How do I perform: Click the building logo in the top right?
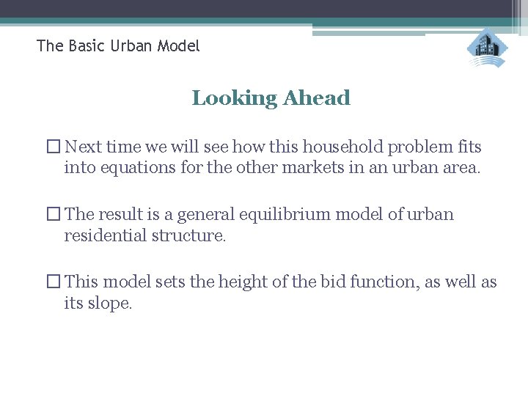(x=487, y=48)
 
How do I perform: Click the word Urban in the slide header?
(x=132, y=46)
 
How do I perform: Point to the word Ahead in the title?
(x=317, y=98)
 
